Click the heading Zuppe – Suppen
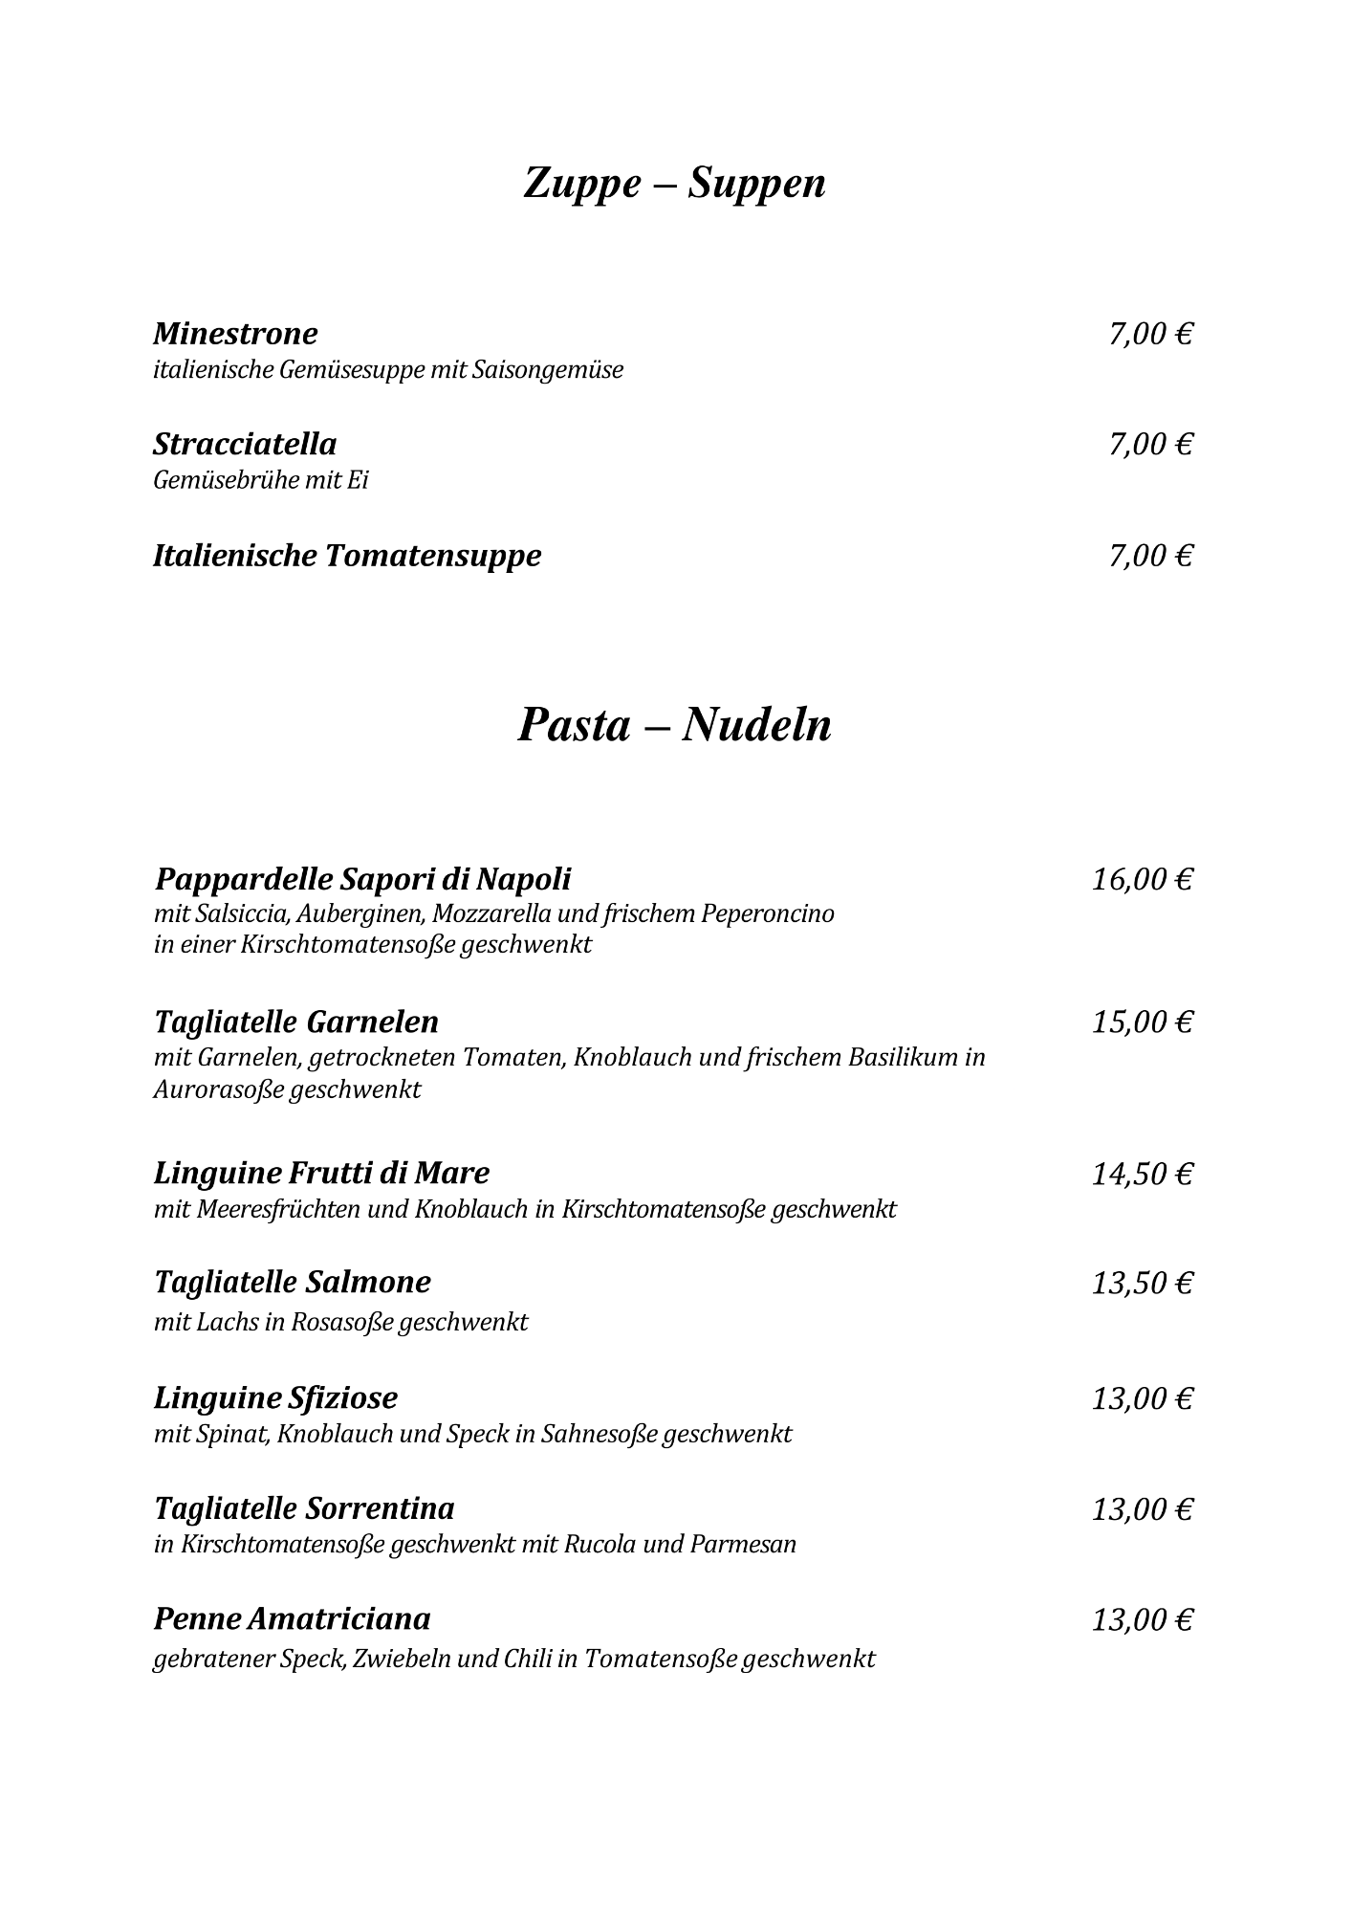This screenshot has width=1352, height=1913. tap(674, 183)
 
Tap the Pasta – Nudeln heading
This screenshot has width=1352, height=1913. tap(674, 724)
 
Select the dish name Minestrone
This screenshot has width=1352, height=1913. tap(235, 334)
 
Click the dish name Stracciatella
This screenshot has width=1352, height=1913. tap(245, 444)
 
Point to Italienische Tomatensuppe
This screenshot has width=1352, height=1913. tap(347, 556)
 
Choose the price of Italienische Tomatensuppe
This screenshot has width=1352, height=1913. tap(1150, 556)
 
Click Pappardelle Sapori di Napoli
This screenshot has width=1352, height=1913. tap(362, 878)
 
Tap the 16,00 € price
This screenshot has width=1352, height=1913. tap(1143, 879)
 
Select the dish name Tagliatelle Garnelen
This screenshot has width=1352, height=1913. tap(296, 1022)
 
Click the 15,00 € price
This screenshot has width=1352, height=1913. tap(1143, 1022)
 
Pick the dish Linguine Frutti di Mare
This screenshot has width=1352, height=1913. tap(321, 1173)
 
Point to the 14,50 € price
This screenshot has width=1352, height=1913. tap(1143, 1174)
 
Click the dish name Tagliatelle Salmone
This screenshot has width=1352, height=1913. tap(293, 1282)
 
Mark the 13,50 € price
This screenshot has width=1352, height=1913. tap(1143, 1283)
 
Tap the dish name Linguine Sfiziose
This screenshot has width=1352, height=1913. tap(275, 1398)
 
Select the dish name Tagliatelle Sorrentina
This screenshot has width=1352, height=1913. tap(304, 1508)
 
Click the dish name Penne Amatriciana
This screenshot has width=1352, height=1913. tap(292, 1618)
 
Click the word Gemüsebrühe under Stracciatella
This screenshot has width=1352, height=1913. tap(226, 480)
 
